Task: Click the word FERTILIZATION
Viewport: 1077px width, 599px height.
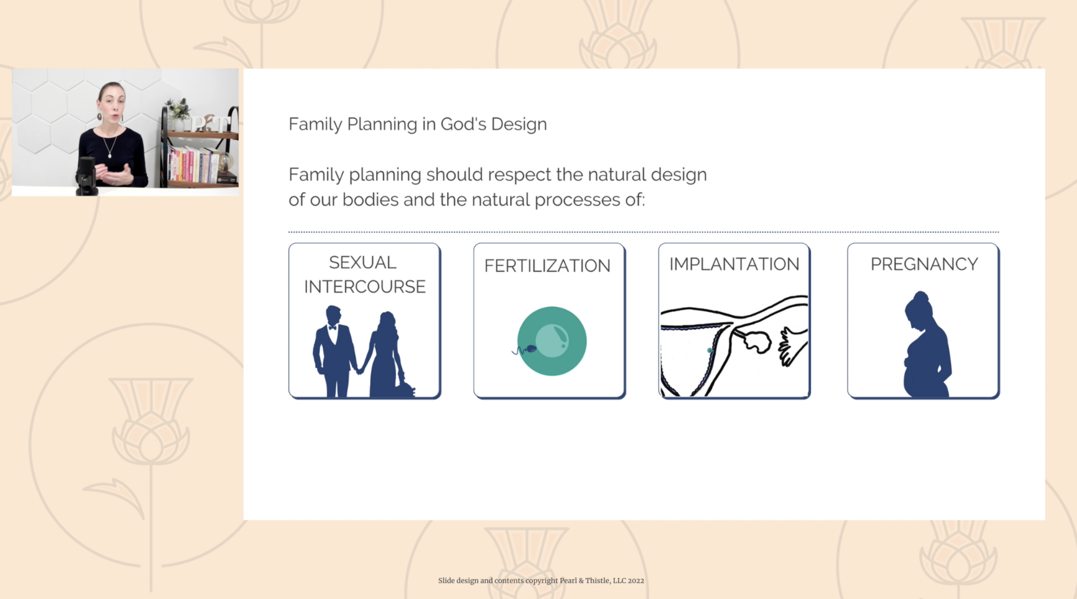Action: tap(547, 266)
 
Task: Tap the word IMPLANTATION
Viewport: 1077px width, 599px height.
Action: tap(734, 264)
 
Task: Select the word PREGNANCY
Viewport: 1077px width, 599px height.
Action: tap(924, 264)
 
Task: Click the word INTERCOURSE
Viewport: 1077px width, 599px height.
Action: tap(365, 287)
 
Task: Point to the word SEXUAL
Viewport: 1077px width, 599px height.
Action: tap(363, 263)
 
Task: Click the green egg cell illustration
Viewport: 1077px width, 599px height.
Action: tap(552, 341)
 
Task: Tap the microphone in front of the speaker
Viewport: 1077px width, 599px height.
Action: tap(87, 176)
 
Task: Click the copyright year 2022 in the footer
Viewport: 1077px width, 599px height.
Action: tap(636, 581)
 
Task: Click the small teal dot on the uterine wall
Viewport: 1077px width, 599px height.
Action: tap(710, 350)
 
